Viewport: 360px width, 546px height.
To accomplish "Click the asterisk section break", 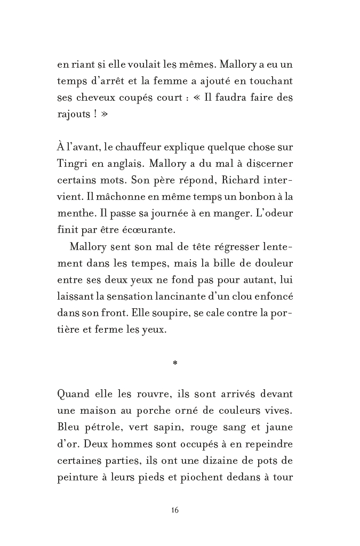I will click(175, 365).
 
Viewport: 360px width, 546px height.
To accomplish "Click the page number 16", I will click(175, 510).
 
